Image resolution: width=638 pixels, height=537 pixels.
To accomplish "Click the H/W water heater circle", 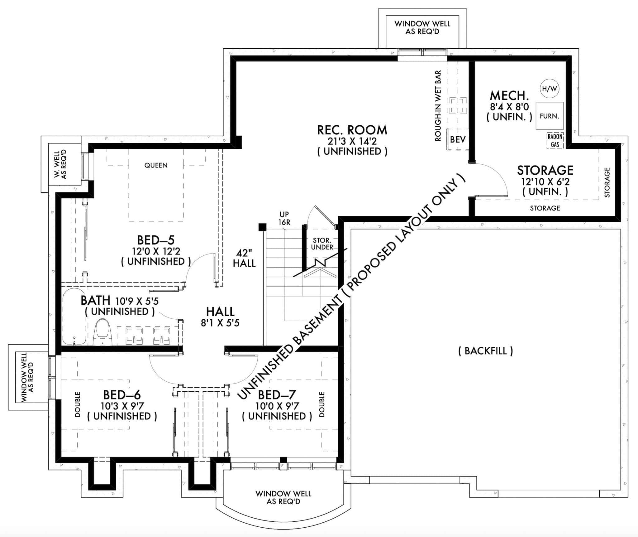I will coord(549,89).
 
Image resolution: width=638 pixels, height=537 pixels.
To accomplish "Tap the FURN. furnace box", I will coord(549,116).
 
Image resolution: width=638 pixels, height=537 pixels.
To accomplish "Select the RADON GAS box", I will coord(555,141).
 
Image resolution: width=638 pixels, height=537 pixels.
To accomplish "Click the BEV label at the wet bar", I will coord(458,139).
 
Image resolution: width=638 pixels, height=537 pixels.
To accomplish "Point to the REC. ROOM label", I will coord(352,130).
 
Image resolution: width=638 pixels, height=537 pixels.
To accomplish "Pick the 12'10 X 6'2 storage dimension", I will coord(545,181).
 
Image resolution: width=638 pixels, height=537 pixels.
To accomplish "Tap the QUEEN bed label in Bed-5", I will coord(156,165).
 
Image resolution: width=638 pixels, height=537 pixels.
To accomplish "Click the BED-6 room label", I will coord(122,395).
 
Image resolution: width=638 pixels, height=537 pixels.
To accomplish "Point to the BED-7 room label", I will coord(277,395).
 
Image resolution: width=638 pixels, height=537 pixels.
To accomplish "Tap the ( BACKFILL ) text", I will coord(485,351).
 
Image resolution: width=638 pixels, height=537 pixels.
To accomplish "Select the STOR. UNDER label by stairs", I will coord(322,244).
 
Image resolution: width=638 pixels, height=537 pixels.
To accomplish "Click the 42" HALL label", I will coord(244,258).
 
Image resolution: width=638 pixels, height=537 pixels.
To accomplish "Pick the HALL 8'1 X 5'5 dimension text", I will coord(220,323).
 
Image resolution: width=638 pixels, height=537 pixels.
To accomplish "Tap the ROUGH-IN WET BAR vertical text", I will coord(438,106).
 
